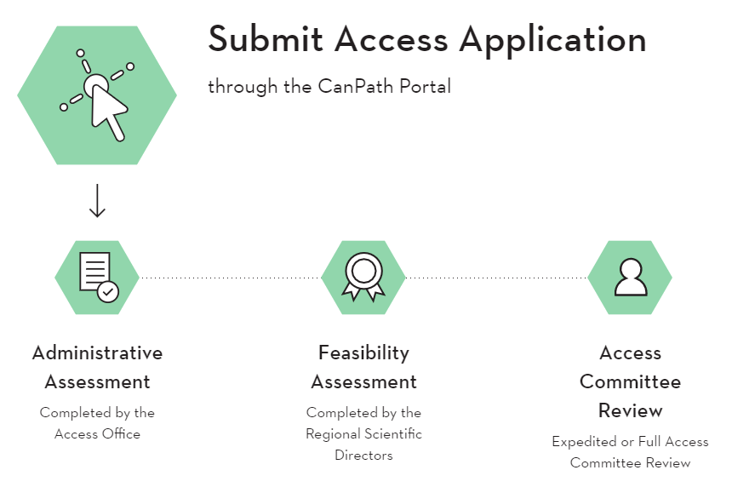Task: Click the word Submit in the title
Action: pyautogui.click(x=266, y=39)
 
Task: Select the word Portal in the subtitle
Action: pyautogui.click(x=425, y=86)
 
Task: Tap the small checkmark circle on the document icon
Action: pyautogui.click(x=108, y=291)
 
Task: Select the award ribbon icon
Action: pyautogui.click(x=363, y=276)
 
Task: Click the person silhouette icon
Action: pyautogui.click(x=630, y=277)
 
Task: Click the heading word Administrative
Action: pyautogui.click(x=97, y=353)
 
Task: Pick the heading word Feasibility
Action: pyautogui.click(x=363, y=353)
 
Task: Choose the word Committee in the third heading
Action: pyautogui.click(x=630, y=381)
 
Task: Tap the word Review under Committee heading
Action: pyautogui.click(x=630, y=410)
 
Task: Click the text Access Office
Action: pyautogui.click(x=97, y=433)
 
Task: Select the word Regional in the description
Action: pyautogui.click(x=335, y=433)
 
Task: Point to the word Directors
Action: pyautogui.click(x=363, y=455)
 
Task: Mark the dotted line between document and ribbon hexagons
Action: pyautogui.click(x=230, y=278)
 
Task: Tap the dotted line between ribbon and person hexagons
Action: pyautogui.click(x=496, y=278)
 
